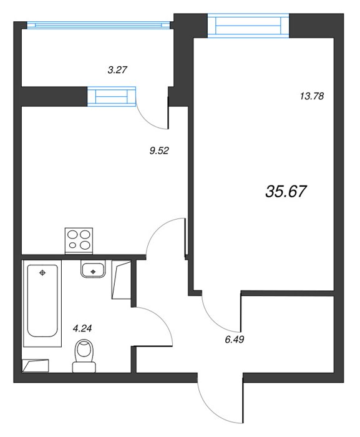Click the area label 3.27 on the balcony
(x=117, y=69)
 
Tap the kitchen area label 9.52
(x=159, y=151)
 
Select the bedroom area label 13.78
(x=312, y=96)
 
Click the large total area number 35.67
(x=286, y=192)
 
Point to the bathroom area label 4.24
(x=82, y=328)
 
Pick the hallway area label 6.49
(x=235, y=340)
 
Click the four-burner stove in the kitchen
(x=79, y=240)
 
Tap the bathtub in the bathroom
(x=42, y=303)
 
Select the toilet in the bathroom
(x=84, y=356)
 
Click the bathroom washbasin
(x=93, y=269)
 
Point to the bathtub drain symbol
(x=42, y=273)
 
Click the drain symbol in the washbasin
(x=94, y=271)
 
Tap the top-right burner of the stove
(x=86, y=234)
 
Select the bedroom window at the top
(x=248, y=26)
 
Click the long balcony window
(x=99, y=25)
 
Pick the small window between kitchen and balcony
(x=112, y=96)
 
